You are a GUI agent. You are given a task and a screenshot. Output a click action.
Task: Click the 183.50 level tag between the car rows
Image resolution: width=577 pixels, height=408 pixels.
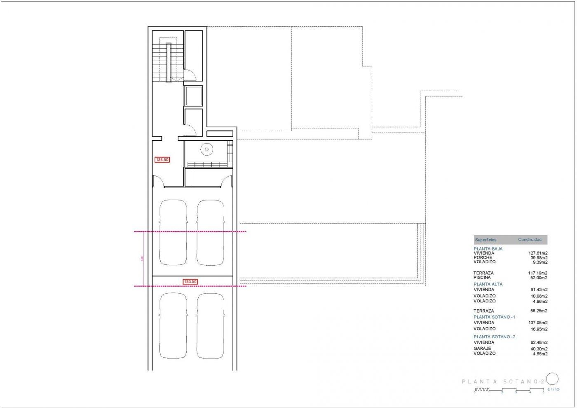pos(190,282)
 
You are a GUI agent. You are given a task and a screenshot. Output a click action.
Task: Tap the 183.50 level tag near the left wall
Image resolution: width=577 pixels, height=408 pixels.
pos(162,160)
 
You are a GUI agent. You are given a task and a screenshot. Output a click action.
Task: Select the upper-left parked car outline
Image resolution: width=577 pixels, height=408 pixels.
pos(173,233)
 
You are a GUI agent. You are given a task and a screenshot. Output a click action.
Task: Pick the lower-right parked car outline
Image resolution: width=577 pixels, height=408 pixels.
pos(211,326)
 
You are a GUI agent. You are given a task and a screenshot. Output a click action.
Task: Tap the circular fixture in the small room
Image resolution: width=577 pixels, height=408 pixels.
pos(206,149)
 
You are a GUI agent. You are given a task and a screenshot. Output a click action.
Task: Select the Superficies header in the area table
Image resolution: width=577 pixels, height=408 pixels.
pos(486,240)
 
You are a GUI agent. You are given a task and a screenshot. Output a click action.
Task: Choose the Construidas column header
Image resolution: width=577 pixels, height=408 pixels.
pos(530,240)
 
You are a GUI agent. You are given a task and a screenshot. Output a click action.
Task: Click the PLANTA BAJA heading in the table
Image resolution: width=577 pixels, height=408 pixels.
pos(488,249)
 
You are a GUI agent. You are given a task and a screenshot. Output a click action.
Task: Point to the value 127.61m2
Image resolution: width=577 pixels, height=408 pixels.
pos(538,253)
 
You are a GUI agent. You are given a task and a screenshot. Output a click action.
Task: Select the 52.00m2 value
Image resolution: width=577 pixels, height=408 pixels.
pos(539,278)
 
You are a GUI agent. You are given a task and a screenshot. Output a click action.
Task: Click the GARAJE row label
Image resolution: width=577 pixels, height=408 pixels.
pos(482,349)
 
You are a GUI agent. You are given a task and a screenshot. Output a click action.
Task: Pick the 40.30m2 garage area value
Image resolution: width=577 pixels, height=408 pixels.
pos(539,349)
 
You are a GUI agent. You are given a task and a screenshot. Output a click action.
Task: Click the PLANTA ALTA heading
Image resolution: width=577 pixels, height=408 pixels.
pos(488,284)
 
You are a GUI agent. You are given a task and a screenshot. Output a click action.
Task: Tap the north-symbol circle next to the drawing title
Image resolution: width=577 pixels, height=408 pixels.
pos(552,379)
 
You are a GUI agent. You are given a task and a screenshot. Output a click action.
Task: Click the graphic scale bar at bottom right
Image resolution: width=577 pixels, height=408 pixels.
pos(509,390)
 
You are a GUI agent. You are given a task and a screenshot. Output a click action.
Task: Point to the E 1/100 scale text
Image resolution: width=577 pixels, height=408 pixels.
pos(554,389)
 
